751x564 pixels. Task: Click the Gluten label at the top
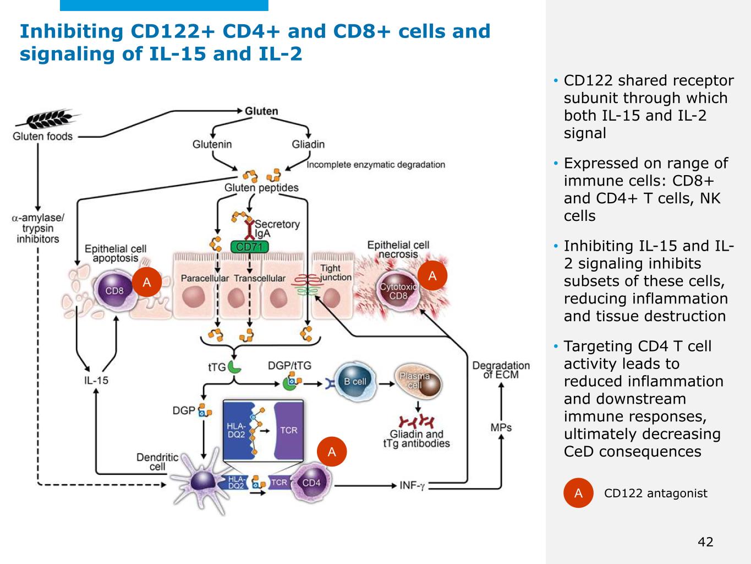coord(261,111)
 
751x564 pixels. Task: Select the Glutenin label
coord(212,144)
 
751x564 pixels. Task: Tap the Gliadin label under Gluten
coord(308,144)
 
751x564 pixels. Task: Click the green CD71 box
coord(249,247)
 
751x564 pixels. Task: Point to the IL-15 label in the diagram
coord(96,380)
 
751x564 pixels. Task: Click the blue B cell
coord(355,381)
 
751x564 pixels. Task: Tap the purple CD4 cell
coord(310,482)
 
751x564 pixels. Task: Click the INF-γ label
coord(412,485)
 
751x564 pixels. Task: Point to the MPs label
coord(501,427)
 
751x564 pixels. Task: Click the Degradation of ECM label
coord(501,370)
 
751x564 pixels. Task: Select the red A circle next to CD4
coord(332,452)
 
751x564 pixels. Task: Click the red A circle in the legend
coord(578,493)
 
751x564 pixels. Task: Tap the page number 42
coord(705,542)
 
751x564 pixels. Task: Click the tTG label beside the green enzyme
coord(217,367)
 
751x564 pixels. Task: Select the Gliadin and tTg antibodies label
coord(416,439)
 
